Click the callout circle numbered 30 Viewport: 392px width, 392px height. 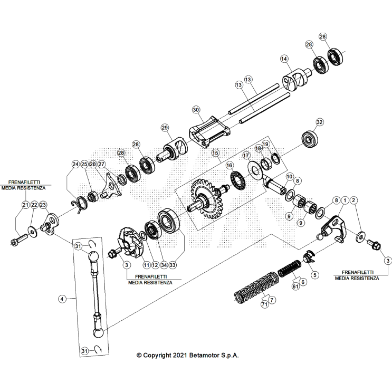point(196,110)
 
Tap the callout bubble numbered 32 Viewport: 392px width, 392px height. point(319,122)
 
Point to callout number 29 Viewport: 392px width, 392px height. point(165,128)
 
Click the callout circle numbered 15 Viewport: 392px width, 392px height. point(215,153)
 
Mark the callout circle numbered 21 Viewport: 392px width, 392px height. point(25,204)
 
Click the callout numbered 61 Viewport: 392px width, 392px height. point(295,286)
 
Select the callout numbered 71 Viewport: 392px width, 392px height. point(264,304)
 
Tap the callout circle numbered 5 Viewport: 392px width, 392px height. point(315,274)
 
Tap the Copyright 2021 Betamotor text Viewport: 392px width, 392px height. point(187,356)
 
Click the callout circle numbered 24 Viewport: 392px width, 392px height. point(75,164)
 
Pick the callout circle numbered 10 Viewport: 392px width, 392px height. point(289,176)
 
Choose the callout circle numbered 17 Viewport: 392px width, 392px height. point(246,156)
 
